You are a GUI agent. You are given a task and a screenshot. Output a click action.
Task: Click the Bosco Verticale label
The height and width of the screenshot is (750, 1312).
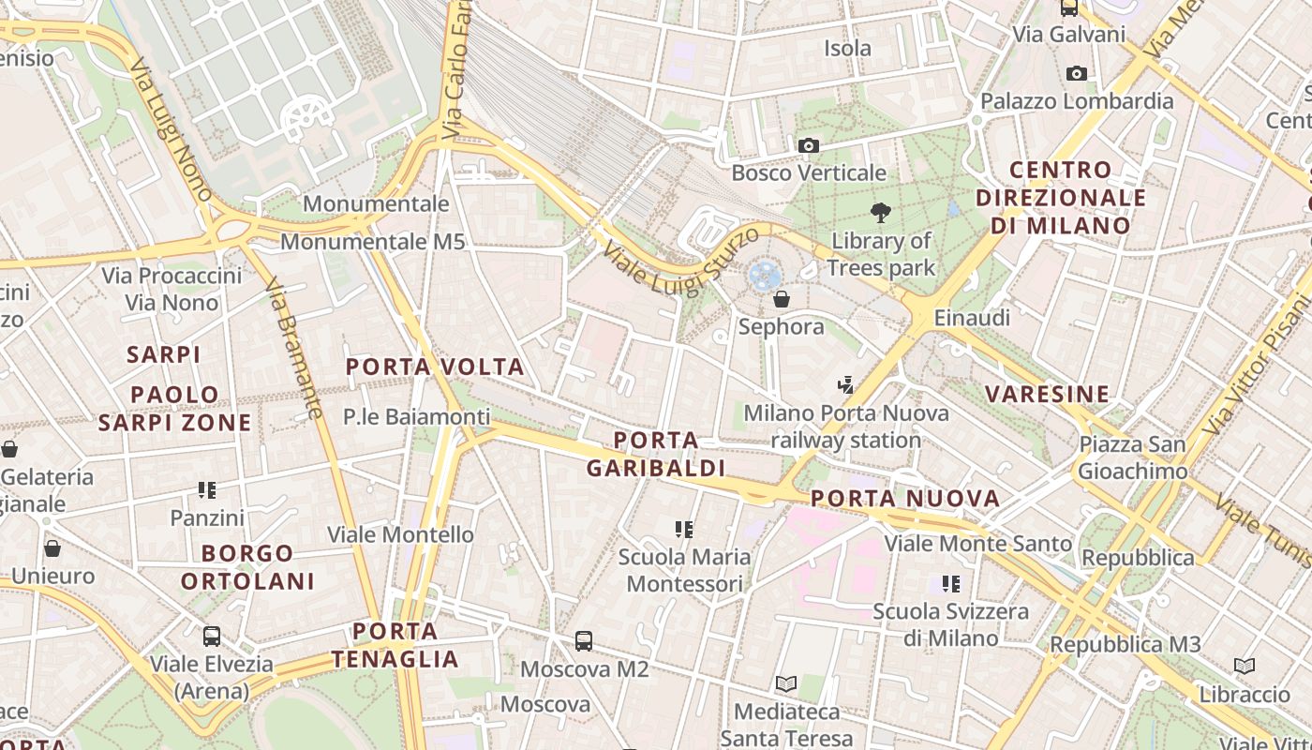808,172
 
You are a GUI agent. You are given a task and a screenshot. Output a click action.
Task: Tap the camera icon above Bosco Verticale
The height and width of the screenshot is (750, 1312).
808,145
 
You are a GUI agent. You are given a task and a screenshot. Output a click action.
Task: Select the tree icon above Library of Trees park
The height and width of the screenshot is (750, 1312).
880,213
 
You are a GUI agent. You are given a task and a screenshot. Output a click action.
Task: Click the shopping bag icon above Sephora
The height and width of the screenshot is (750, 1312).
781,299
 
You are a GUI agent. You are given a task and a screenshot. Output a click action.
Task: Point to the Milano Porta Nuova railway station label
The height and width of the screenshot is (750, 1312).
845,427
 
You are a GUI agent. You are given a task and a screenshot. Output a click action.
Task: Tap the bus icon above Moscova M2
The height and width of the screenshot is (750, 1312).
584,641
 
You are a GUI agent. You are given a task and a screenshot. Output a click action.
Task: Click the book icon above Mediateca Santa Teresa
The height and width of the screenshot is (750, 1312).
786,684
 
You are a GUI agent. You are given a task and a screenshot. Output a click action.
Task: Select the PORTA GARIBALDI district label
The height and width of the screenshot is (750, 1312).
656,454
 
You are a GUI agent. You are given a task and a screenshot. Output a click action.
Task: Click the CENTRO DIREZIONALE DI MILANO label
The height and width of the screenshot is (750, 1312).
1061,198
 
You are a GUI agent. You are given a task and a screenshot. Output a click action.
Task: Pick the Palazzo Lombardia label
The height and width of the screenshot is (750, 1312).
1077,101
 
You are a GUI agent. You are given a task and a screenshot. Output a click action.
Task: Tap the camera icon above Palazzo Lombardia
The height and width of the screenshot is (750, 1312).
1077,73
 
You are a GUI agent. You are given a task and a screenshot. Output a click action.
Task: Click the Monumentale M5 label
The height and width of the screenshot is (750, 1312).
372,242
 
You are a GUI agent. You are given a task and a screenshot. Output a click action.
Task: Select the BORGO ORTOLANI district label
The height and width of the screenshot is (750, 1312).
247,567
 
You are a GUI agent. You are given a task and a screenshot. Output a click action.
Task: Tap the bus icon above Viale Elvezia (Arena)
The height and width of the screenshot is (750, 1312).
212,637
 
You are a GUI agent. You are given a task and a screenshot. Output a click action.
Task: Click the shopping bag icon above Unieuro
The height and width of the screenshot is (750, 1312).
52,548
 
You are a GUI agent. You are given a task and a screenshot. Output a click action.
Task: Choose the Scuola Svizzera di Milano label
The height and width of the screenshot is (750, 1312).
950,624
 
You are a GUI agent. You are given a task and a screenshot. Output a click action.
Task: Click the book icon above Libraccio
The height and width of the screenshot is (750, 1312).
1245,667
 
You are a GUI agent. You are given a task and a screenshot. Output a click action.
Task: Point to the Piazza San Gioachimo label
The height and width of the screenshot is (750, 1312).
1132,457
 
